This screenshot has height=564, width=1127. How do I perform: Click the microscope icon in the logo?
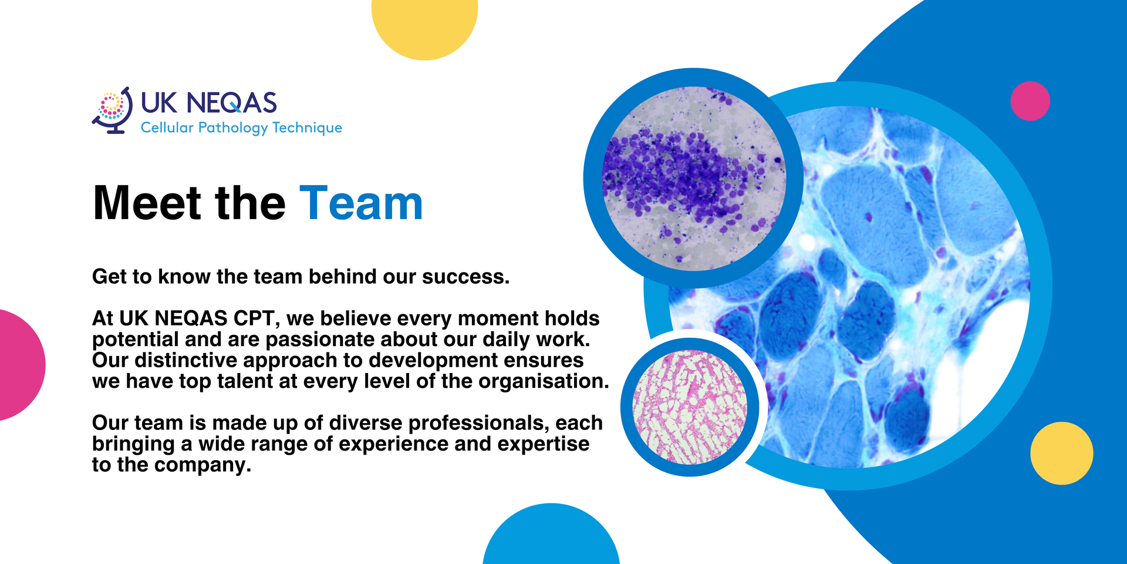tap(112, 110)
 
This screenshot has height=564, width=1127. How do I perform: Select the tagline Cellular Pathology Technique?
tap(241, 128)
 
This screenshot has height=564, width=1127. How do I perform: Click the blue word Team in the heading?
tap(361, 203)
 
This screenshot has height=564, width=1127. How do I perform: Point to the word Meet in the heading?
tap(147, 203)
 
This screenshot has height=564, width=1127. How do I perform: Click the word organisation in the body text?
tap(544, 381)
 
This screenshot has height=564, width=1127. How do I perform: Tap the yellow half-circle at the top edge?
tap(425, 26)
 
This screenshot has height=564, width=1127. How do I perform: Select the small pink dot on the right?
tap(1030, 101)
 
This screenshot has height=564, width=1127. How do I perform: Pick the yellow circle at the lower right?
tap(1062, 453)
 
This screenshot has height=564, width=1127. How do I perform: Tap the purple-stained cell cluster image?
tap(694, 179)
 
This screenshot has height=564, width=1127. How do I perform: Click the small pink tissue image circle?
tap(690, 407)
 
